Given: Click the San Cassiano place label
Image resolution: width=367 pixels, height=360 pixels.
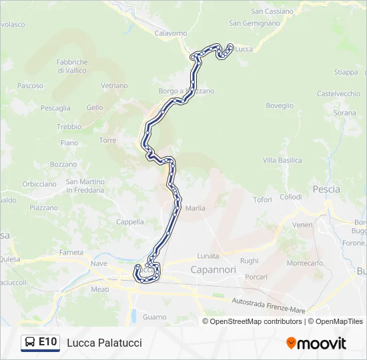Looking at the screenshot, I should point(272,11).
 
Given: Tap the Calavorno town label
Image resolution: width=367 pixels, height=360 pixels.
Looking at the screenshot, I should point(171,33).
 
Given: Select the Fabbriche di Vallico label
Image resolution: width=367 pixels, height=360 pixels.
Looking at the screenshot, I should point(72,66).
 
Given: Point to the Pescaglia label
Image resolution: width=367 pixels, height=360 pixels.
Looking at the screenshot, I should point(55,108).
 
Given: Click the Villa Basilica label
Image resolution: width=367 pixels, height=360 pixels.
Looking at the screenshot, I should point(282,161).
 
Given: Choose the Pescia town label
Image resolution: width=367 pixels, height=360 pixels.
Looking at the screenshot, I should point(326,189).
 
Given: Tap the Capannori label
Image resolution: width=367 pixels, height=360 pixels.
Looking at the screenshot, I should point(214,270).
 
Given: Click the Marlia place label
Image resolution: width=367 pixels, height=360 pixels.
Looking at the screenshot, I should point(195,208).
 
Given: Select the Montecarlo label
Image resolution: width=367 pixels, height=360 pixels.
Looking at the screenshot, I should point(304,263).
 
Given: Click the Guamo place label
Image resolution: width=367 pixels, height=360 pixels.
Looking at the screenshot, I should point(154,317).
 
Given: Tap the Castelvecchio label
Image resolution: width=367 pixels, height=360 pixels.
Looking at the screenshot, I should point(338,94).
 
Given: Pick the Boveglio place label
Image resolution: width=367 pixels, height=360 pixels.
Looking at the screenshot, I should point(280,105).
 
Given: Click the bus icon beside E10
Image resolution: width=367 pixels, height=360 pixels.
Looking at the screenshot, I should point(30,343).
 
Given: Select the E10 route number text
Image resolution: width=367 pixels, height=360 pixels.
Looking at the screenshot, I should point(47,342).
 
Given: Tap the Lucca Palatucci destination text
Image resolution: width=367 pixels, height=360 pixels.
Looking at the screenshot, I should point(104,343).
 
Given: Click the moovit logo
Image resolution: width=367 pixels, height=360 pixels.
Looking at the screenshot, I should point(316,343).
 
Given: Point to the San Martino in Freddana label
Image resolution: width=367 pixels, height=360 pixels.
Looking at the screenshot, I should point(85,186).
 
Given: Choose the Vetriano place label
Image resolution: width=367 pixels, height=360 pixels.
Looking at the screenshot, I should point(114,86).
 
